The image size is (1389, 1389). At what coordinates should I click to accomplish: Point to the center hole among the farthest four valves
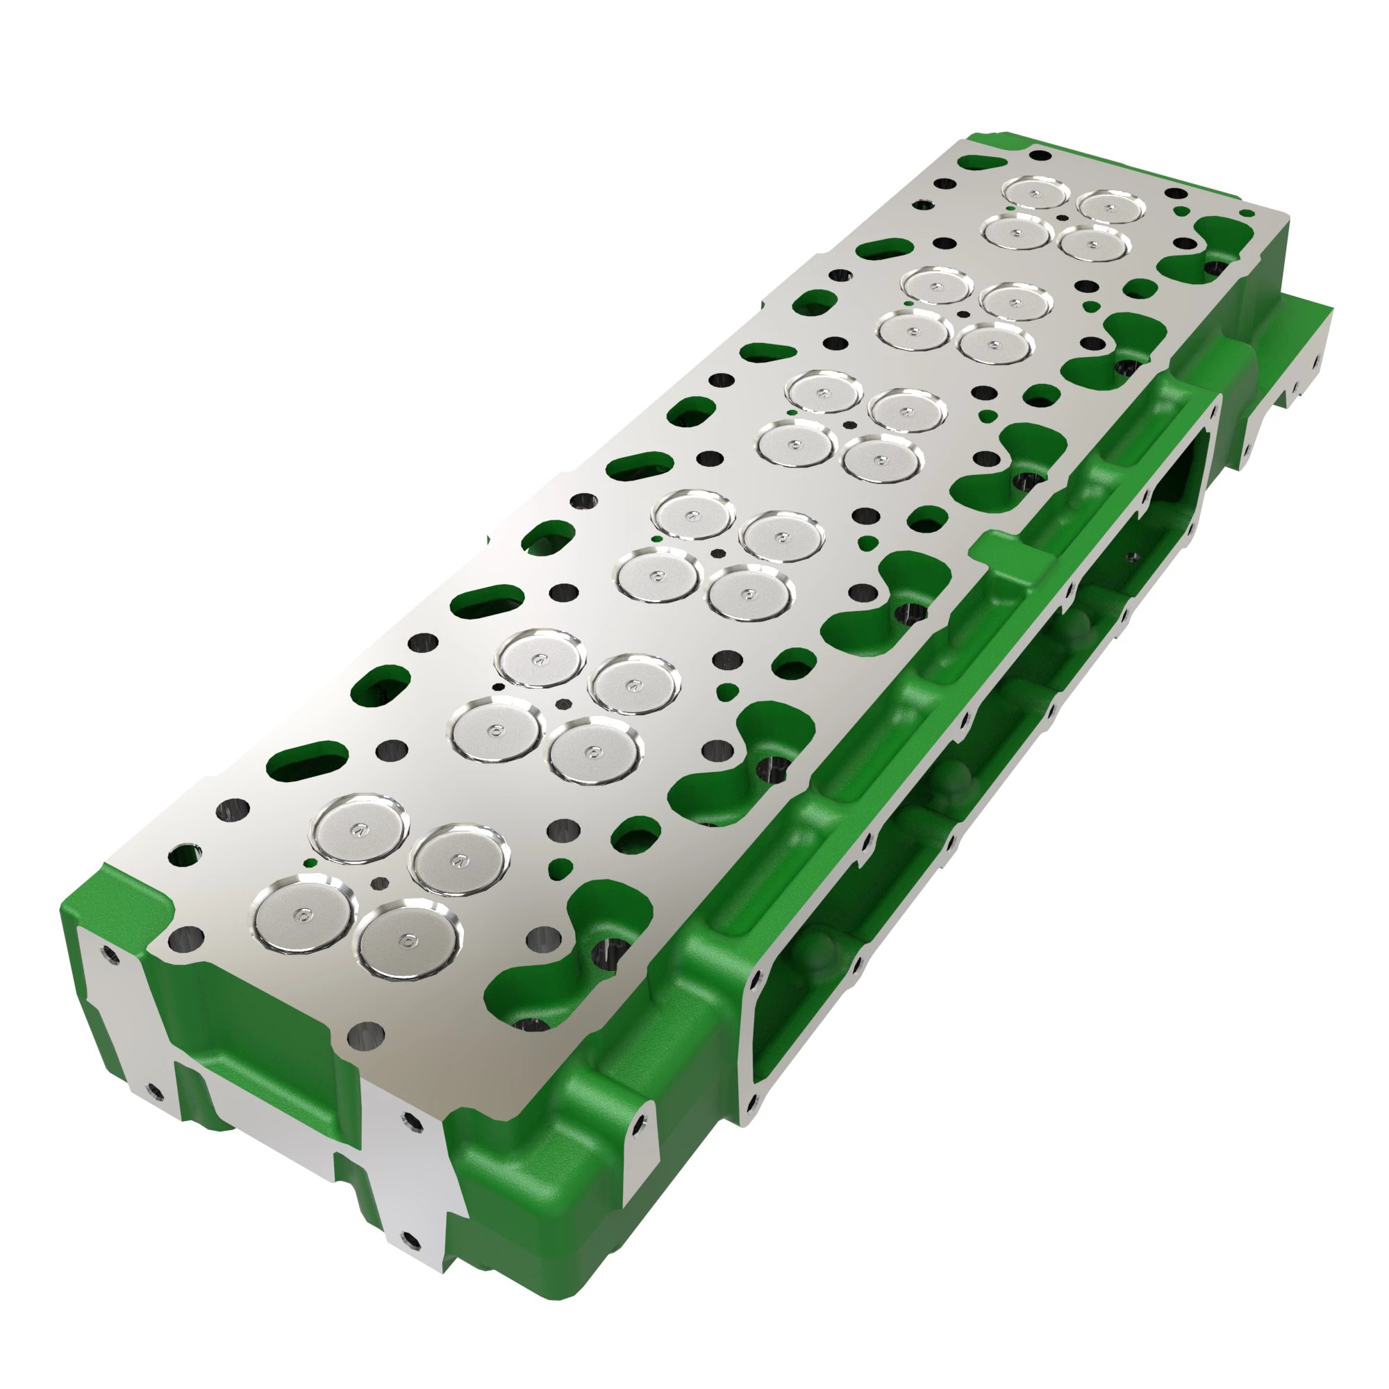(1062, 216)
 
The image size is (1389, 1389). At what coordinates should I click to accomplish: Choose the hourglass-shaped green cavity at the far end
(1222, 248)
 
